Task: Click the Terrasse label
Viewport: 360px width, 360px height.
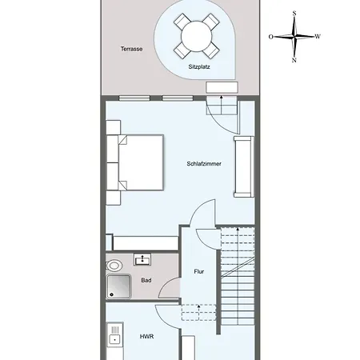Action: point(131,49)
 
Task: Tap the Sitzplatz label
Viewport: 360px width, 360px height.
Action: point(199,66)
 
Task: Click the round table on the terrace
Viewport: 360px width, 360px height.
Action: point(197,36)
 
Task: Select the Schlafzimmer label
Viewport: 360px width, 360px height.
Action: point(204,163)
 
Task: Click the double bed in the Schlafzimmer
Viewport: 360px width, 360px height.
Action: point(135,162)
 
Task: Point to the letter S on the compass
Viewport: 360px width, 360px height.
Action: point(294,14)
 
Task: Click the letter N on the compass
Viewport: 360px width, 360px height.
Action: point(294,60)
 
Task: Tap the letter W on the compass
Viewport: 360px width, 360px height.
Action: point(318,37)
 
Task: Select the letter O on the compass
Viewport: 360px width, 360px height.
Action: point(271,37)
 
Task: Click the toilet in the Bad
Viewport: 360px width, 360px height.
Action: point(114,266)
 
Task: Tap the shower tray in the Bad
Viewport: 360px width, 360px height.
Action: point(118,286)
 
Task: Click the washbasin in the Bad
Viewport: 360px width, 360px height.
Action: point(142,259)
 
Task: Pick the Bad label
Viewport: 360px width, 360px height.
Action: point(146,280)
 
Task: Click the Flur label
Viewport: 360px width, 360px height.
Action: point(199,271)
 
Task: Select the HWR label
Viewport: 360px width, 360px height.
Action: point(146,337)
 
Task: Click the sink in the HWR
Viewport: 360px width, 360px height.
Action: point(115,334)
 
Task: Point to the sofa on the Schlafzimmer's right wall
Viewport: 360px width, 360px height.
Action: point(244,167)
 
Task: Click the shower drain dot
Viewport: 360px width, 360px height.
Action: point(111,294)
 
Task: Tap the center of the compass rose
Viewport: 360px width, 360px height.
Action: point(294,37)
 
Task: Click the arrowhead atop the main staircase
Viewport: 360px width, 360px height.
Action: point(238,229)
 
